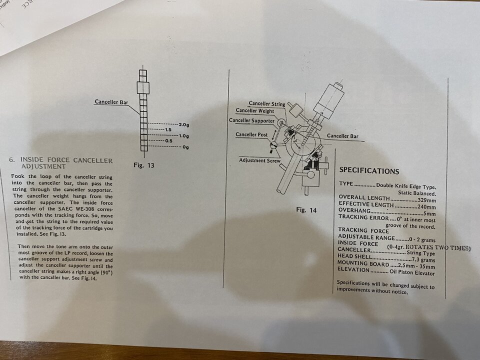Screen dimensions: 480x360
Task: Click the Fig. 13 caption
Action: pyautogui.click(x=144, y=165)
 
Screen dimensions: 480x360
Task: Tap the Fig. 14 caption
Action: pyautogui.click(x=306, y=210)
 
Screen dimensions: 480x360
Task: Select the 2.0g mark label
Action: pyautogui.click(x=183, y=124)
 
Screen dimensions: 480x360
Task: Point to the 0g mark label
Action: pyautogui.click(x=185, y=147)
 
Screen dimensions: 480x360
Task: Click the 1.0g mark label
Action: pyautogui.click(x=183, y=136)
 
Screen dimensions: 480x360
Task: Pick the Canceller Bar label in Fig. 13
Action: pyautogui.click(x=111, y=102)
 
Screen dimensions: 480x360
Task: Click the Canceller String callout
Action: pyautogui.click(x=267, y=104)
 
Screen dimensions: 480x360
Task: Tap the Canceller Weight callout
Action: pyautogui.click(x=254, y=111)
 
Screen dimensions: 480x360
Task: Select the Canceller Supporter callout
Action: pyautogui.click(x=251, y=120)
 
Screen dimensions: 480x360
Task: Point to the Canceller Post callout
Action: pyautogui.click(x=251, y=134)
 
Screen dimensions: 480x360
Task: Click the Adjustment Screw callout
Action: pyautogui.click(x=259, y=160)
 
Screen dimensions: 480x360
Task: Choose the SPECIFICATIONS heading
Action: pyautogui.click(x=369, y=171)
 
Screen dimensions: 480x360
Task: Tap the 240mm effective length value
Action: pyautogui.click(x=426, y=207)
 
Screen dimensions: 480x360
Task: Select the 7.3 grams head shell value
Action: pyautogui.click(x=423, y=260)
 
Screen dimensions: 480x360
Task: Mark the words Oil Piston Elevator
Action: pyautogui.click(x=412, y=272)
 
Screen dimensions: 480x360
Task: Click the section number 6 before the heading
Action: pyautogui.click(x=12, y=159)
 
